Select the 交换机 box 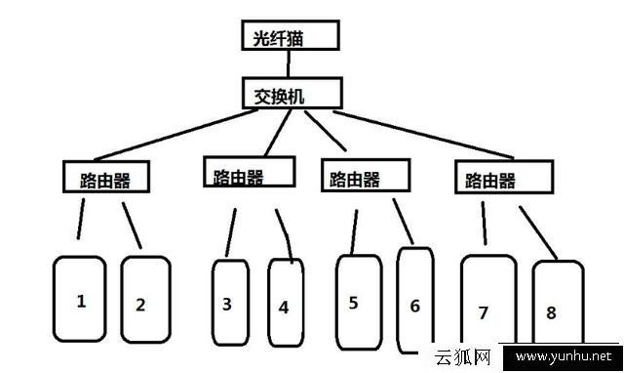(292, 94)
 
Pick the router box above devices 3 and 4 (248, 172)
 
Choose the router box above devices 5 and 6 (365, 175)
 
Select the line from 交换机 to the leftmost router (175, 134)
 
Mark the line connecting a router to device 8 (536, 229)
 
